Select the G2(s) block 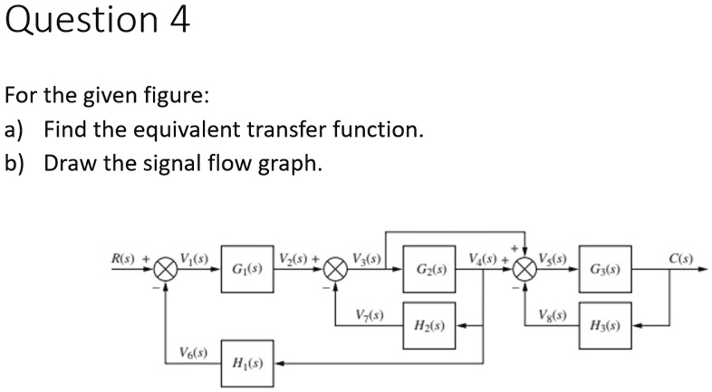pos(430,270)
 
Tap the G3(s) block pos(604,270)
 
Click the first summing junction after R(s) pos(165,269)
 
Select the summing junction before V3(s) pos(336,269)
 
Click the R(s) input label pos(123,258)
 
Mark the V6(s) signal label pos(192,352)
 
